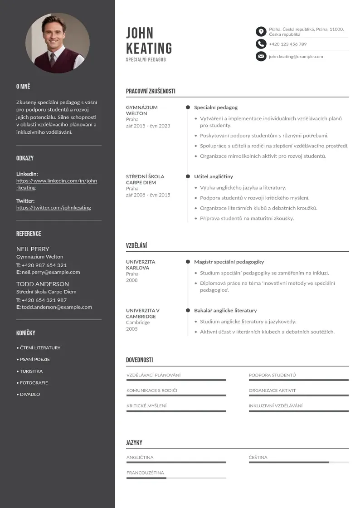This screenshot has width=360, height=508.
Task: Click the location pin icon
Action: pos(261,31)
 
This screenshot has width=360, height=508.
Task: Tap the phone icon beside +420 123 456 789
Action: pos(261,44)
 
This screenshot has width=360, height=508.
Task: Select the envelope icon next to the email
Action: pos(261,57)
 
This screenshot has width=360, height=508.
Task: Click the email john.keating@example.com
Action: pos(296,57)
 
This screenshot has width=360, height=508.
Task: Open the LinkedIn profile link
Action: pos(57,184)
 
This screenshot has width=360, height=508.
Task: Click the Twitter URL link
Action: pos(54,208)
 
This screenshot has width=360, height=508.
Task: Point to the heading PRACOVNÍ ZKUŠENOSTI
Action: pos(151,91)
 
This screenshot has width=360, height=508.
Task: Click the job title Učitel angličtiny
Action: pos(214,176)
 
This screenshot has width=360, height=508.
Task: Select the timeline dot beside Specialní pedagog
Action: pos(188,107)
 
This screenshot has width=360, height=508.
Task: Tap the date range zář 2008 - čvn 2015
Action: pos(148,195)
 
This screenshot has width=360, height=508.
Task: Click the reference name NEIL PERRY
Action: pos(33,249)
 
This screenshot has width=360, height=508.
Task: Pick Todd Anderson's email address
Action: pos(57,307)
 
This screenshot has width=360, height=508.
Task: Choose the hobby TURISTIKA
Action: pos(31,371)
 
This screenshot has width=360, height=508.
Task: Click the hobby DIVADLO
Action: pos(30,394)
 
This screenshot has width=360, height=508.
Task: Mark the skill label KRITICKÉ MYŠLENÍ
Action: pos(146,406)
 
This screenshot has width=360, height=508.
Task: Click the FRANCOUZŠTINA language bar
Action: pos(176,478)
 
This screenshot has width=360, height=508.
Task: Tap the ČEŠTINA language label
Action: pos(258,458)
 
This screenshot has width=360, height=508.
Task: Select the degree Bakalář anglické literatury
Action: pos(225,311)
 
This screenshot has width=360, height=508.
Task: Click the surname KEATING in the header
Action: pos(149,48)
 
